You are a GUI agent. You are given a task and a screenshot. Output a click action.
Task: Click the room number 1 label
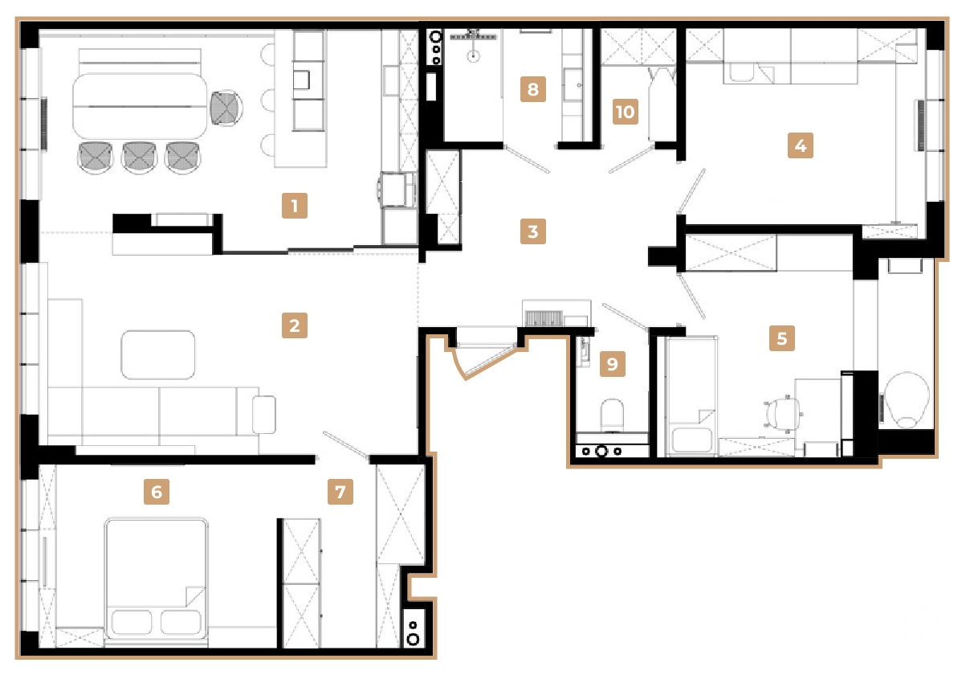click(x=295, y=207)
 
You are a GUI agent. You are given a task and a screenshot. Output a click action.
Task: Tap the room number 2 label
click(x=295, y=325)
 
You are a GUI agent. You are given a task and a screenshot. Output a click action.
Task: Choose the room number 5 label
click(x=781, y=338)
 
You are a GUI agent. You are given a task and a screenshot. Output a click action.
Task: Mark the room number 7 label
click(x=340, y=492)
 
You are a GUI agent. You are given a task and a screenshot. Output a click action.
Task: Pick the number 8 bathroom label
click(x=532, y=88)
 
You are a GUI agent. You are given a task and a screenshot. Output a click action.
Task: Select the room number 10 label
click(x=626, y=112)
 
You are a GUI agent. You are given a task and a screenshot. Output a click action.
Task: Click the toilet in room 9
click(x=613, y=414)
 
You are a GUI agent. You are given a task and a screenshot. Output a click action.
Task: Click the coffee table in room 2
click(x=157, y=354)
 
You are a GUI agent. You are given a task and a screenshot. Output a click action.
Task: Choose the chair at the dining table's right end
click(x=226, y=107)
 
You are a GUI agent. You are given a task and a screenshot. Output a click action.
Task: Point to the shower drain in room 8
click(x=475, y=55)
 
